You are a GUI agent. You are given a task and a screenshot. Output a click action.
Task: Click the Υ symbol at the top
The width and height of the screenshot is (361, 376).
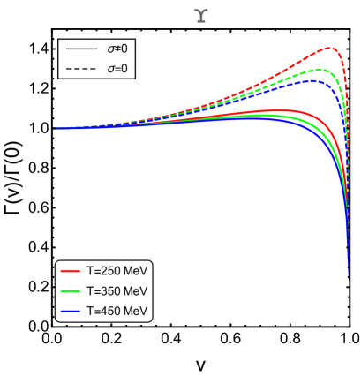coord(201,16)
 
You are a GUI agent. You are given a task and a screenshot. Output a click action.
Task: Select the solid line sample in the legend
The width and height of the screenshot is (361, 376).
coord(81,49)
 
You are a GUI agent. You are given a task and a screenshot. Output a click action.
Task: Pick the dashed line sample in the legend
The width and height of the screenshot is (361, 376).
coord(81,69)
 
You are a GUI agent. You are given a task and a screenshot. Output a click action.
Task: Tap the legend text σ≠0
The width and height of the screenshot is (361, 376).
coord(117,49)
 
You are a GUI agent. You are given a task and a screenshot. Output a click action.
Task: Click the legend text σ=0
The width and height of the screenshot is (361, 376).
coord(117,69)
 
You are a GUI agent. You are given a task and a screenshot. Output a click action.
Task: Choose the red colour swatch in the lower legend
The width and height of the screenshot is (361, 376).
coord(71,271)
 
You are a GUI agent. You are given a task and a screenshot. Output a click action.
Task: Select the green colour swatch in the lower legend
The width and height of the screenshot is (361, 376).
coord(71,290)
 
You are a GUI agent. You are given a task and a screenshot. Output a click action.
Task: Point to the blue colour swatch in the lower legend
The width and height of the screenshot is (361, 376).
coord(71,311)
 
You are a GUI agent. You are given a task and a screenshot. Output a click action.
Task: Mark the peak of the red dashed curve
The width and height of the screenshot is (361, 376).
coord(328,48)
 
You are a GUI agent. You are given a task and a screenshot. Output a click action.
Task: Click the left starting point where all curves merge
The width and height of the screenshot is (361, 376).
coord(55,129)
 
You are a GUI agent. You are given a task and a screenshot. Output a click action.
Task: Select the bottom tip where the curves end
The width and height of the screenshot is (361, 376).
coord(349,281)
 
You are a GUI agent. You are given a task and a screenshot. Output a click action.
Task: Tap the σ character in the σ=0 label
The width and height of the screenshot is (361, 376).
coord(111,69)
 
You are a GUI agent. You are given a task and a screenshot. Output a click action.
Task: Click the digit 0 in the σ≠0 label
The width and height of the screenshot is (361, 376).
coord(124,49)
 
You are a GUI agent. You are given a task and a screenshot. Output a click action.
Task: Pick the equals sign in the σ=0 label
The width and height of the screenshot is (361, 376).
coord(117,69)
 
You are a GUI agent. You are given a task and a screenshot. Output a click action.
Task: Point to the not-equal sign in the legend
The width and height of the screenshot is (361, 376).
coord(117,49)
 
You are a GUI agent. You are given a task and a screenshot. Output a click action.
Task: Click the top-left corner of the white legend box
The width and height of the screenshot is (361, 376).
coord(59,40)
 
